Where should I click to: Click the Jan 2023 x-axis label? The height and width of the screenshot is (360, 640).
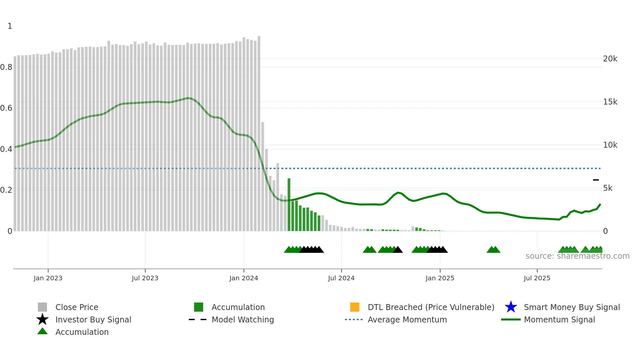pos(48,278)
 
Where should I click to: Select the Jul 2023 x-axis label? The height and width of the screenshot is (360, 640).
pos(145,278)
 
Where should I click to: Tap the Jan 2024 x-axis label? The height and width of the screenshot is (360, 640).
pos(244,278)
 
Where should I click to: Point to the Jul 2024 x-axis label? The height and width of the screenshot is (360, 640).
pos(341,278)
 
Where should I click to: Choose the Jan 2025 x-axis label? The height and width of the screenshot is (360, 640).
pos(440,278)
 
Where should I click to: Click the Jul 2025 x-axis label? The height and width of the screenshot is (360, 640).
pos(537,278)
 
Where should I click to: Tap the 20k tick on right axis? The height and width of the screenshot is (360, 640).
pos(610,59)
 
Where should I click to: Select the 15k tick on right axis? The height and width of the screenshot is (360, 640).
pos(610,102)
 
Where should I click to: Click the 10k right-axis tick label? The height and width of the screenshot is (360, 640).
pos(610,145)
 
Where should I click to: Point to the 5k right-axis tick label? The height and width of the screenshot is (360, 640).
pos(608,188)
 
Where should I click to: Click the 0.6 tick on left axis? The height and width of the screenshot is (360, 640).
pos(6,108)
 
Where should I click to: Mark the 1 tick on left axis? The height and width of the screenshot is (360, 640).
pos(10,26)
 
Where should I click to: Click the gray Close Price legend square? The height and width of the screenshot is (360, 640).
pos(42,307)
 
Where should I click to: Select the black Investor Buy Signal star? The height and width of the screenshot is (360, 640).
pos(42,319)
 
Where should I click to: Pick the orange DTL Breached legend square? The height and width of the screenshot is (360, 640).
pos(355,307)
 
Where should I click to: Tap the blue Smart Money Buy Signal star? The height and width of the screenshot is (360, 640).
pos(511,307)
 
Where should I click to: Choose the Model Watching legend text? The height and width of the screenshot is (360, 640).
pos(243,319)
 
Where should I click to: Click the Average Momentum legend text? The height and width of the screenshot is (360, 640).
pos(407,319)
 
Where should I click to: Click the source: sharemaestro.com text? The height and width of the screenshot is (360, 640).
pos(577,256)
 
